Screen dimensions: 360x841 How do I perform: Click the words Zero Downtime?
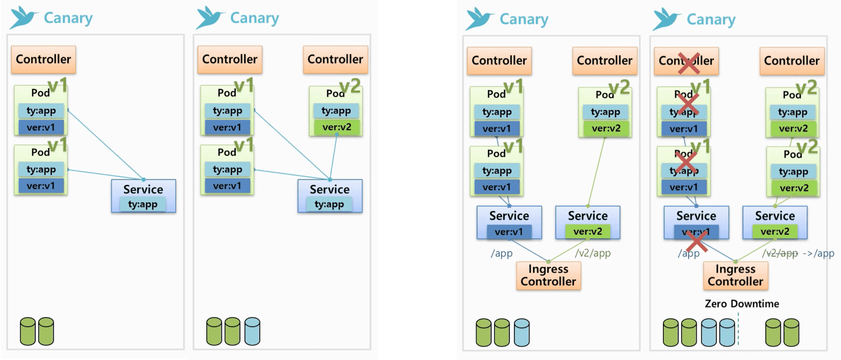click(x=741, y=304)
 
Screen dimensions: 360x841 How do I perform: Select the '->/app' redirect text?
click(x=818, y=253)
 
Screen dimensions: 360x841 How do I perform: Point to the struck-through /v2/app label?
click(x=780, y=253)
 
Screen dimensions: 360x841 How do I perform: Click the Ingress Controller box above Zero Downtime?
click(x=735, y=275)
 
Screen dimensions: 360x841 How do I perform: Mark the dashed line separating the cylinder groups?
click(x=738, y=330)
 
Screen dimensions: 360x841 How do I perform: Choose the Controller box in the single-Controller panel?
click(x=43, y=59)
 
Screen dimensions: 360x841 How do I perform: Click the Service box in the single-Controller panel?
click(x=144, y=196)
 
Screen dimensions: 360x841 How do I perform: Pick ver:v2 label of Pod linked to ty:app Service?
click(x=337, y=127)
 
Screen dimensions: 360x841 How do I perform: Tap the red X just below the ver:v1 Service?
click(x=697, y=243)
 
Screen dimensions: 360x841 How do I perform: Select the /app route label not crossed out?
click(x=501, y=253)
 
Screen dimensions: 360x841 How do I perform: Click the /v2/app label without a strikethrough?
click(x=592, y=253)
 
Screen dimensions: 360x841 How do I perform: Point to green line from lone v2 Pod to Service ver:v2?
click(x=596, y=171)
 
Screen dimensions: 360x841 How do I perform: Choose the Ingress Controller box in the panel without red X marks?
click(x=548, y=275)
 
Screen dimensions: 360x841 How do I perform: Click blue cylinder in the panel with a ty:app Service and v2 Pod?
click(x=252, y=331)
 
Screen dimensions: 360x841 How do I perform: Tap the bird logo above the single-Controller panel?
click(x=23, y=17)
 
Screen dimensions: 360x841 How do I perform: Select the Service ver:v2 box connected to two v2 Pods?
click(x=775, y=222)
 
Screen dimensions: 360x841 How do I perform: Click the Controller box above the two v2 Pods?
click(x=792, y=61)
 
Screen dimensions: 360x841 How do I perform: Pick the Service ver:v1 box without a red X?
click(x=509, y=222)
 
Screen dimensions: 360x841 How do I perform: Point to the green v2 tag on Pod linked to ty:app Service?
click(x=350, y=86)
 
